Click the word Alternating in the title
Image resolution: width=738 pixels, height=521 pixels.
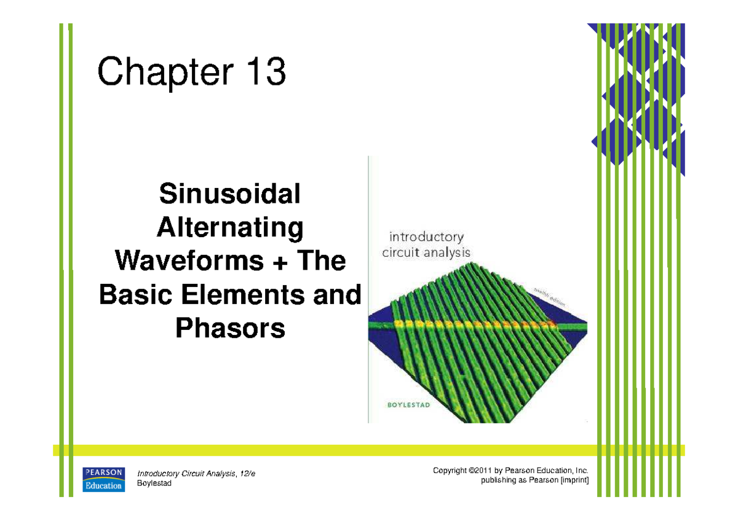tap(230, 229)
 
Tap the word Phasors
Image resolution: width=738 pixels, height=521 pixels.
tap(230, 329)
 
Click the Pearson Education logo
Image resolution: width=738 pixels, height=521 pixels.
tap(104, 479)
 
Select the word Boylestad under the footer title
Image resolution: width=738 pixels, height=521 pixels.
tap(154, 484)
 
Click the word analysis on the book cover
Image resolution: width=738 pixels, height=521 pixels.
tap(446, 252)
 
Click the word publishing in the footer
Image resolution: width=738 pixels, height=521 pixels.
tap(499, 480)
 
